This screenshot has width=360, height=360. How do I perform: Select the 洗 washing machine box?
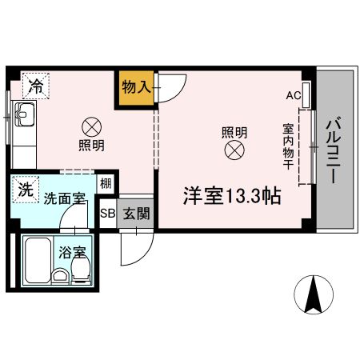pyautogui.click(x=26, y=190)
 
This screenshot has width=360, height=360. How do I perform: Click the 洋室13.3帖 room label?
pyautogui.click(x=232, y=196)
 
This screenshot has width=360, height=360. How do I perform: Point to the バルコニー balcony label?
pyautogui.click(x=334, y=152)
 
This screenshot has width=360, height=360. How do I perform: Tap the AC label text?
pyautogui.click(x=292, y=95)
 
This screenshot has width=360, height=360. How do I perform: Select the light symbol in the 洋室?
pyautogui.click(x=234, y=150)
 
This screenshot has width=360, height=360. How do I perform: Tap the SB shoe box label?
pyautogui.click(x=107, y=214)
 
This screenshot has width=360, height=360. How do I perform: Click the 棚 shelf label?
pyautogui.click(x=106, y=183)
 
